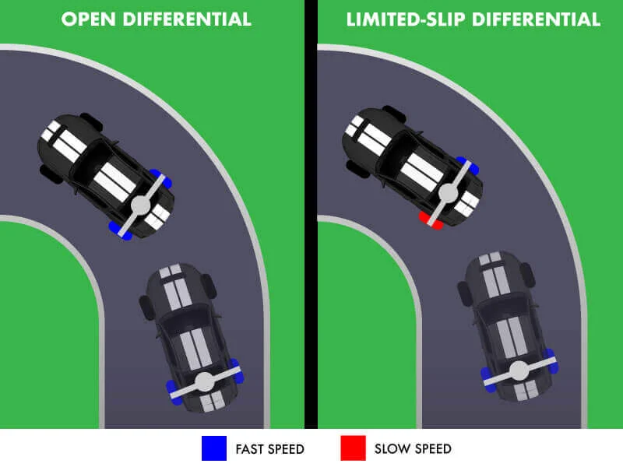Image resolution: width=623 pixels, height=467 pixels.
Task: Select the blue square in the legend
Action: (213, 448)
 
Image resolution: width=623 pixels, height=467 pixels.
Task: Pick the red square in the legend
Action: (353, 448)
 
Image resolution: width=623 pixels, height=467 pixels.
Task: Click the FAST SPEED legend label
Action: (269, 449)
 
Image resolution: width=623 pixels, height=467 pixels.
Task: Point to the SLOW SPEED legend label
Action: (413, 449)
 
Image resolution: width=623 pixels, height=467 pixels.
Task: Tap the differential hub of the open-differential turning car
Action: (140, 205)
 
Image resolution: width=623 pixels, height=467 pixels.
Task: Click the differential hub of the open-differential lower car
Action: (204, 382)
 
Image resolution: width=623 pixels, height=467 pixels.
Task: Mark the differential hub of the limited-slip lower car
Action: (517, 370)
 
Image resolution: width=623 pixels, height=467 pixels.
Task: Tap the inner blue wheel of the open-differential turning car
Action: (119, 230)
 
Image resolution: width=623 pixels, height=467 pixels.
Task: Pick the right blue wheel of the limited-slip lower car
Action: (551, 359)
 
